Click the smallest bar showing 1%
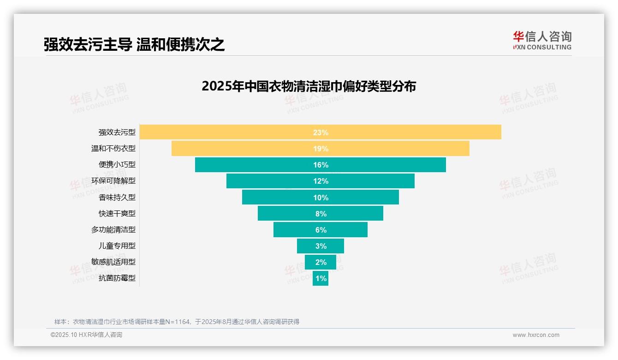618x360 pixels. coord(321,278)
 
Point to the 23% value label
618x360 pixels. coord(321,132)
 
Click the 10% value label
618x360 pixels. coord(321,198)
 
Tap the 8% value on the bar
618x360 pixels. coord(321,214)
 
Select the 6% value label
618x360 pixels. coord(321,230)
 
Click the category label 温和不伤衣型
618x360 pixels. coord(113,149)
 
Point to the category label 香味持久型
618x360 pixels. coord(117,197)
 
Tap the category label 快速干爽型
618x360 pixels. coord(117,213)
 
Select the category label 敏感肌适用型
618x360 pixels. coord(113,262)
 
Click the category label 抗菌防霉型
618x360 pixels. coord(117,278)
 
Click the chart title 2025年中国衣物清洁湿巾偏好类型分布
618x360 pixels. coord(309,86)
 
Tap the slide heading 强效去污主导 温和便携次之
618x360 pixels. coord(134,44)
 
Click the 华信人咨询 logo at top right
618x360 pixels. coord(542,40)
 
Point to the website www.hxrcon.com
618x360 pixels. coord(536,335)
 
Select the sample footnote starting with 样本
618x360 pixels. coord(177,322)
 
